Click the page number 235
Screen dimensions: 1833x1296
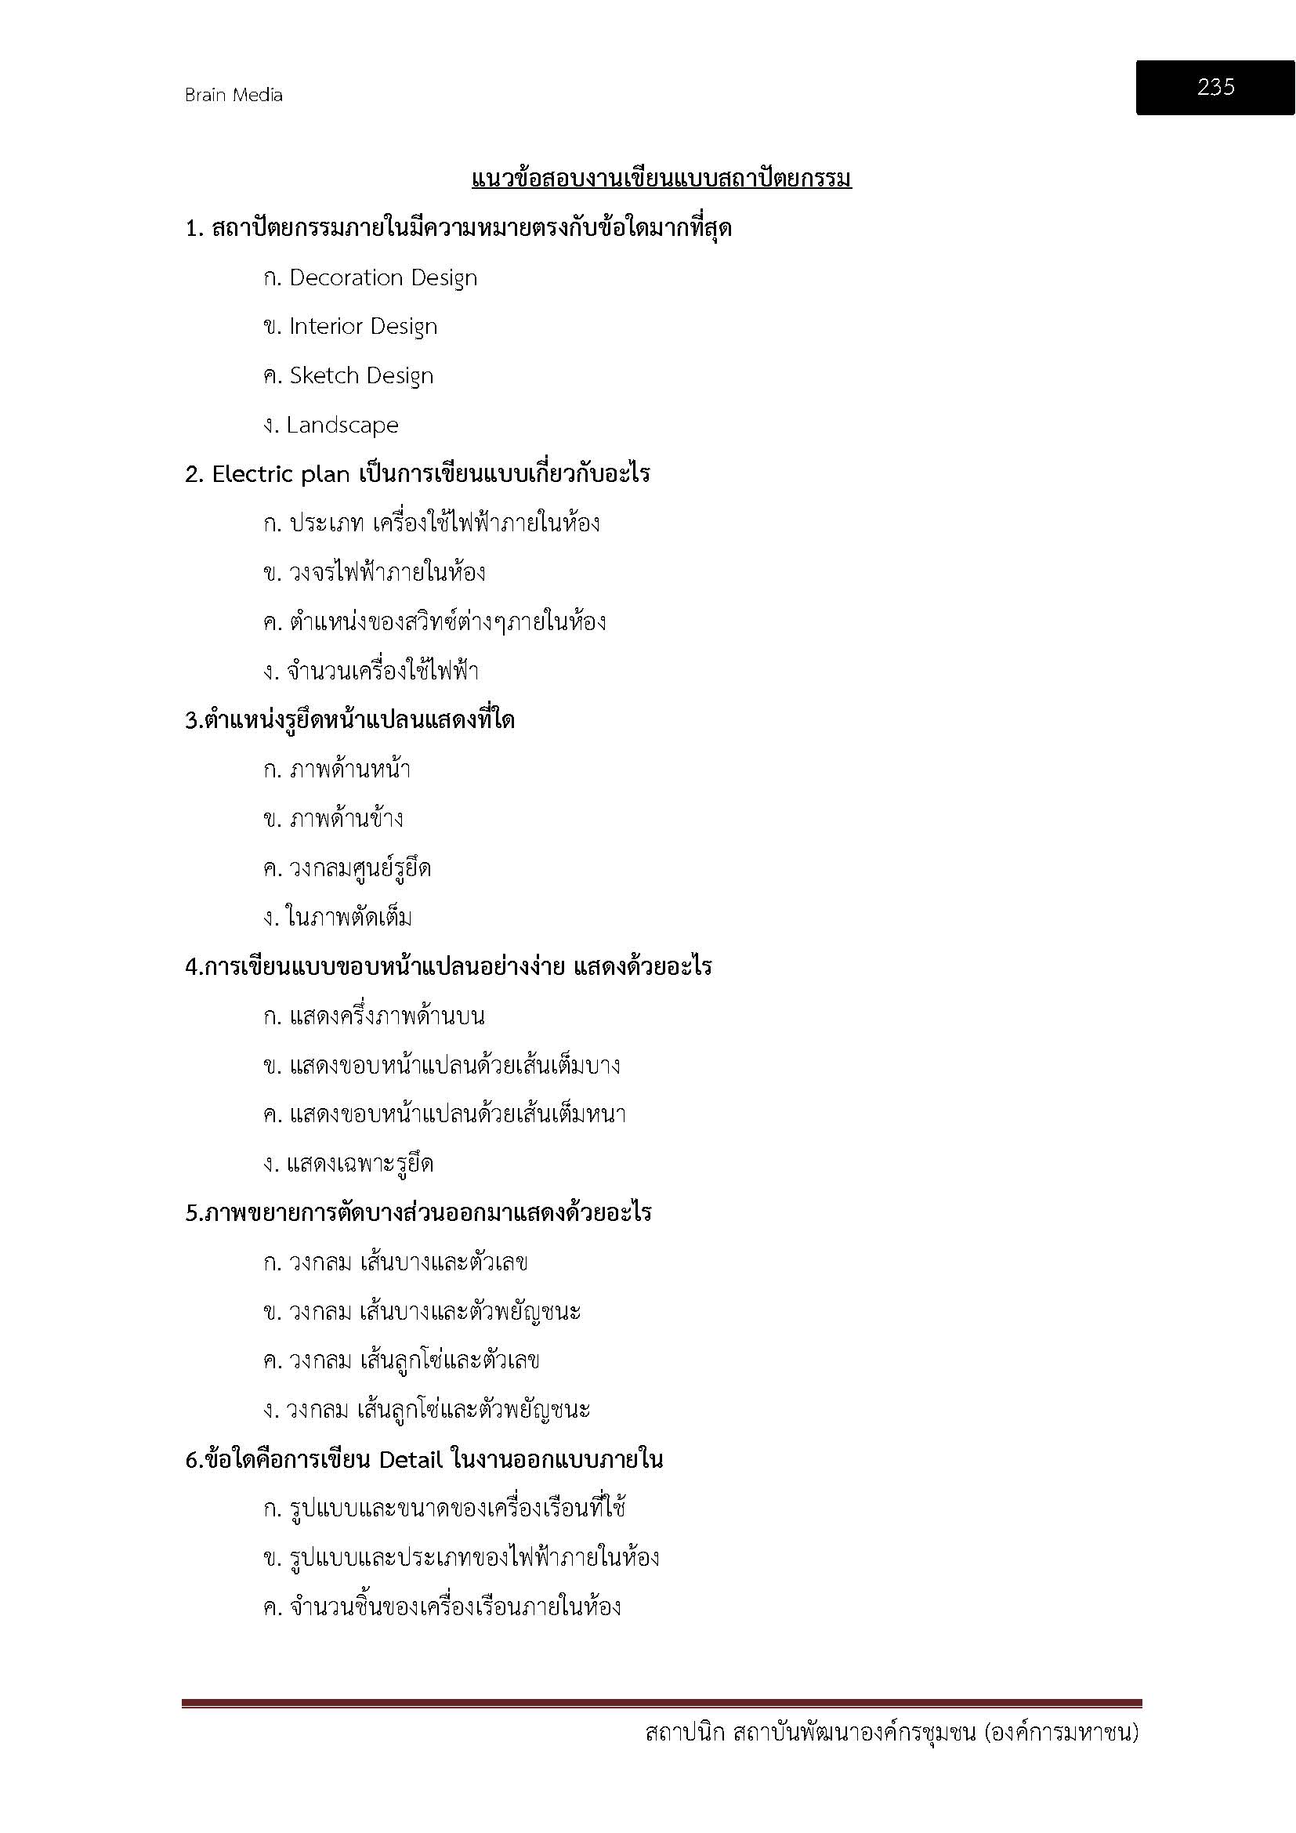click(x=1215, y=86)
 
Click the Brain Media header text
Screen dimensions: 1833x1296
click(x=233, y=95)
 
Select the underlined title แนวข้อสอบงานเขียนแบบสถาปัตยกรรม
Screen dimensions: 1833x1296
click(x=661, y=178)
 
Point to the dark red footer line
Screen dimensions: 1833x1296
click(x=661, y=1704)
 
